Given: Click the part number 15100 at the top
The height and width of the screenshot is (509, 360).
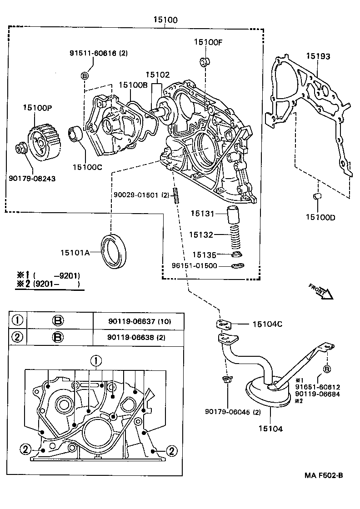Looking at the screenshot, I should pos(165,20).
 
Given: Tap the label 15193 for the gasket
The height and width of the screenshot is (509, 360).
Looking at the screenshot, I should pos(318,56).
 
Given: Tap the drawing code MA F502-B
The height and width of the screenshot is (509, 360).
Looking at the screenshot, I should pos(324,475).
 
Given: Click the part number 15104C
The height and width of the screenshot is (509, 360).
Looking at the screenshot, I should pos(268,324).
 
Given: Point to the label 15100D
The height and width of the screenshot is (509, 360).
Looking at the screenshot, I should pos(320,217).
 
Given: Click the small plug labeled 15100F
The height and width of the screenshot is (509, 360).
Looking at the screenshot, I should pos(205,61).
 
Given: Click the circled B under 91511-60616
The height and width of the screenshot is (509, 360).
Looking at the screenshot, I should pos(85,75).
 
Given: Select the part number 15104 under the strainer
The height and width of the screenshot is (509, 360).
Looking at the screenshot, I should pos(270,429).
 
